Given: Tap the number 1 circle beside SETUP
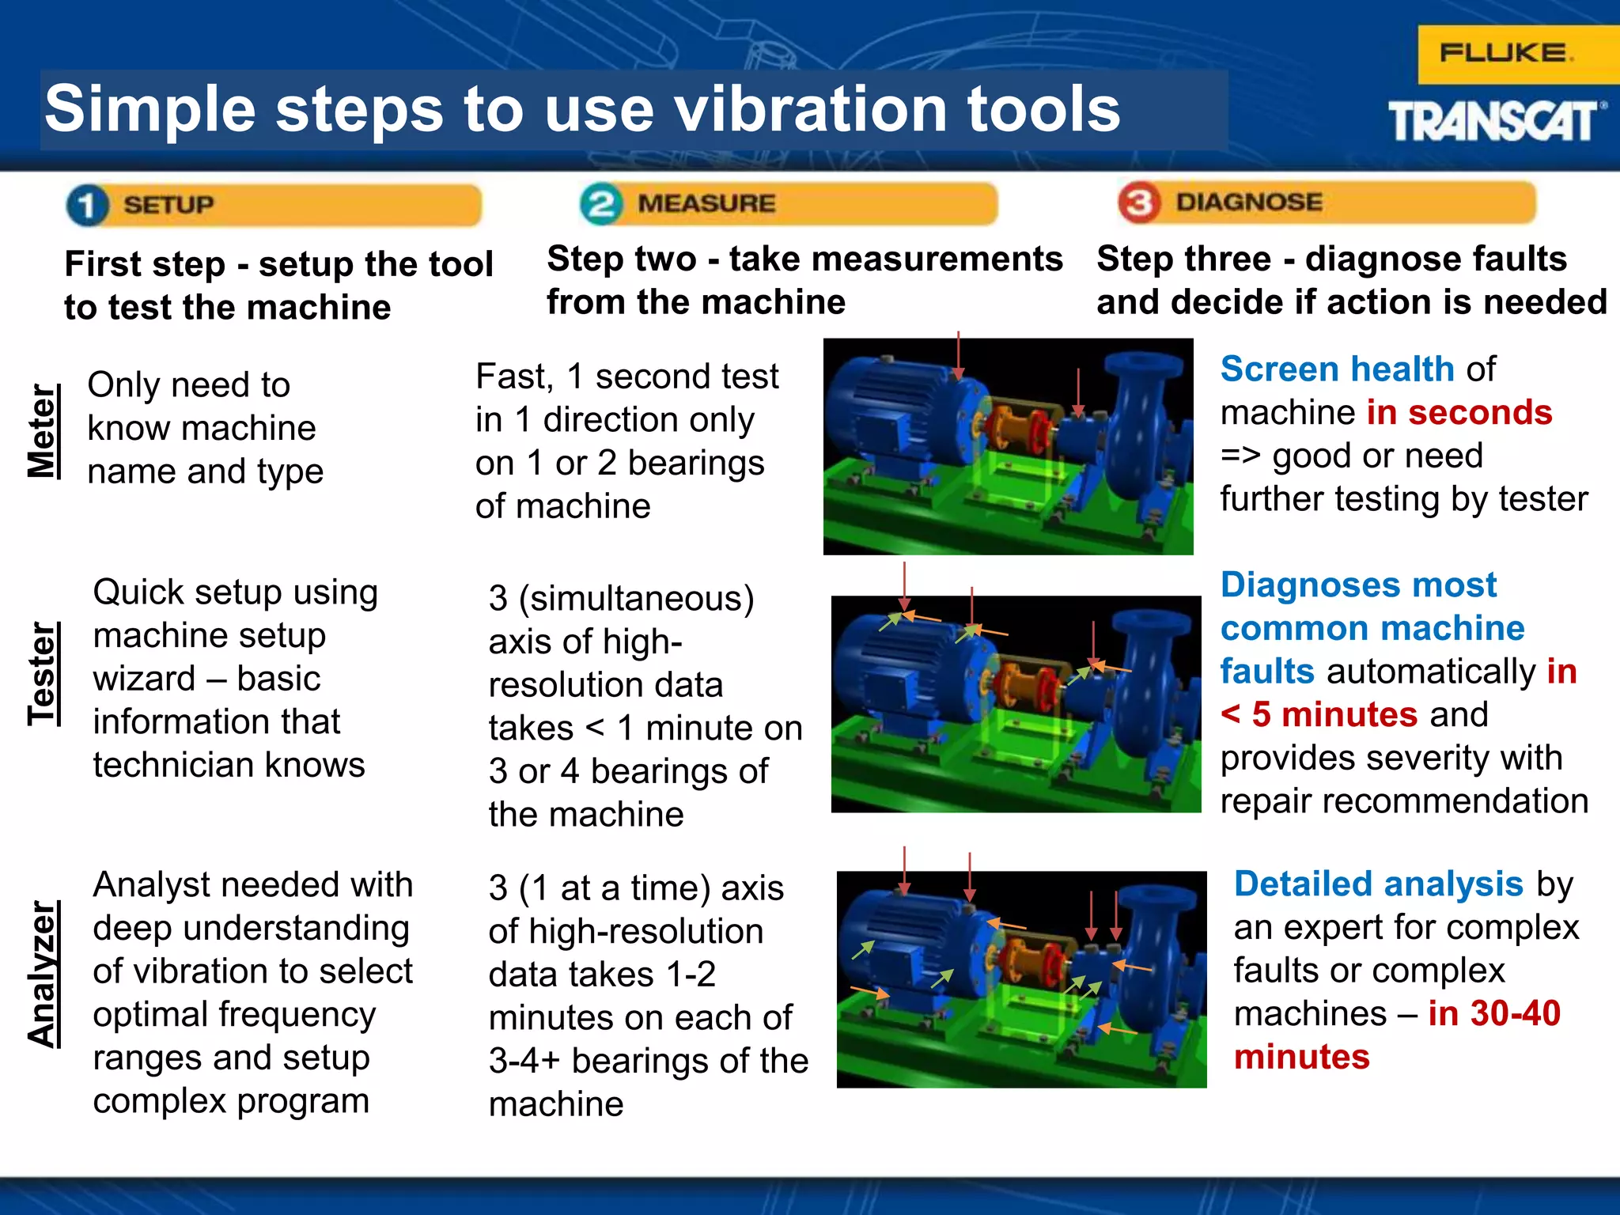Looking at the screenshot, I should tap(87, 205).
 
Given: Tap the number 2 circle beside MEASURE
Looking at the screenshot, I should tap(601, 203).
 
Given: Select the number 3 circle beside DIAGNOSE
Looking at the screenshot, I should tap(1139, 202).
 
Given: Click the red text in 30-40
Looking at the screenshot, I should tap(1493, 1013).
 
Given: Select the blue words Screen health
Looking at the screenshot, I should tap(1337, 369).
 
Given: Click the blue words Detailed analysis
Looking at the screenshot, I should tap(1378, 884).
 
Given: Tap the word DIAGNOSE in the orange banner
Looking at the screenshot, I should tap(1248, 202).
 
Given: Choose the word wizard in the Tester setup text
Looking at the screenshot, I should tap(144, 679).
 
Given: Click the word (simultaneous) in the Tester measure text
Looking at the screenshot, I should tap(636, 599).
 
